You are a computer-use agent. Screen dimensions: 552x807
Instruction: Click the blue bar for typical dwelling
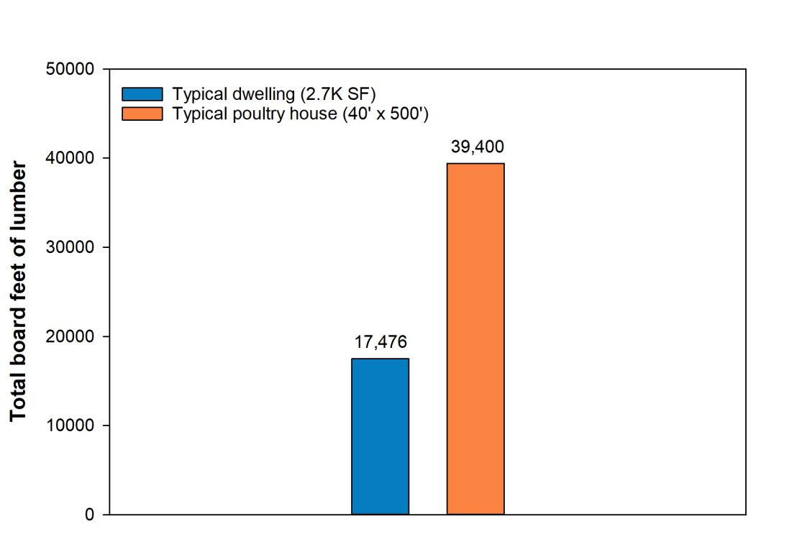pyautogui.click(x=380, y=436)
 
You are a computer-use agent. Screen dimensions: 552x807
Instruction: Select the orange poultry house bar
pyautogui.click(x=475, y=339)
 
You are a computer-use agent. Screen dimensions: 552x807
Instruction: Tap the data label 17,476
pyautogui.click(x=380, y=342)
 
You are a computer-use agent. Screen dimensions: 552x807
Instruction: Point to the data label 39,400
pyautogui.click(x=477, y=147)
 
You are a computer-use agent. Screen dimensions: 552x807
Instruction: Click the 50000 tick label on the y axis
pyautogui.click(x=70, y=70)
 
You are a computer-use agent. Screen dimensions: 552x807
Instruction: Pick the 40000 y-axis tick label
pyautogui.click(x=70, y=158)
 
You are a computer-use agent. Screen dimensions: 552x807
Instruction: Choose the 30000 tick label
pyautogui.click(x=70, y=247)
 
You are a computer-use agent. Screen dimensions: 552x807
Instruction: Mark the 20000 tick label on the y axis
pyautogui.click(x=70, y=336)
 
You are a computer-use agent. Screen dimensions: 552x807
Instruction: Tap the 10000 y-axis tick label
pyautogui.click(x=70, y=425)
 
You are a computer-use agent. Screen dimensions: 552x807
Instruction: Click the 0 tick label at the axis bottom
pyautogui.click(x=90, y=515)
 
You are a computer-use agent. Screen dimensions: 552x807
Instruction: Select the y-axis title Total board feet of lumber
pyautogui.click(x=19, y=292)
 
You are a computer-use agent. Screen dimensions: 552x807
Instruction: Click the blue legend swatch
pyautogui.click(x=143, y=94)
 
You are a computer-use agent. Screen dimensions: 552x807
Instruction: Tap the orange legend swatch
pyautogui.click(x=143, y=114)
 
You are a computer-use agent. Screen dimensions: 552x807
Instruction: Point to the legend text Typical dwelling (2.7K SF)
pyautogui.click(x=274, y=94)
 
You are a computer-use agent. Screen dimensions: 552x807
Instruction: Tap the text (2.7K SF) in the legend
pyautogui.click(x=345, y=94)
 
